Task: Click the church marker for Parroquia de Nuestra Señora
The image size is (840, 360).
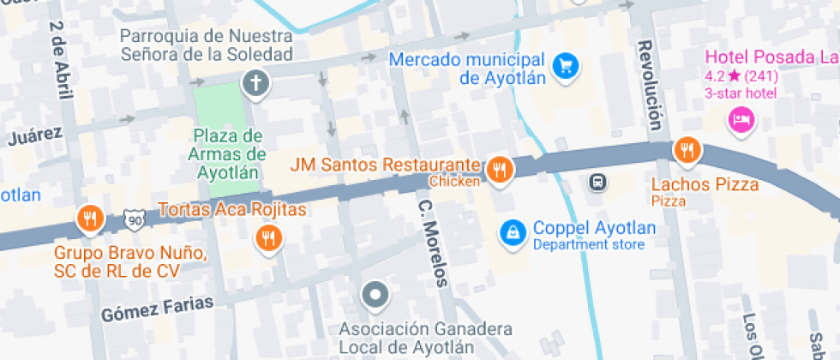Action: [x=255, y=83]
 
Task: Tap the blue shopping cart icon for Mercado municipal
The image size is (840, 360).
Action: [x=565, y=65]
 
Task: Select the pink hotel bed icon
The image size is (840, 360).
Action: [x=740, y=118]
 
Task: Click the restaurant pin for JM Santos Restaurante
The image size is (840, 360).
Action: [x=499, y=170]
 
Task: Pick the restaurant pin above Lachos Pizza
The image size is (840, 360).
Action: [x=686, y=151]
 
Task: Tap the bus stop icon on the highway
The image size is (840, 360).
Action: [x=597, y=182]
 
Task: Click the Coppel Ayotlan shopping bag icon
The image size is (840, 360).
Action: [x=513, y=231]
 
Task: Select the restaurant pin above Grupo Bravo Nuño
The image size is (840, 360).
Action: [x=89, y=219]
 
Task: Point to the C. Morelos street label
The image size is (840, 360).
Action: [x=432, y=243]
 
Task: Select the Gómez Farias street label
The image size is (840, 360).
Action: [x=143, y=312]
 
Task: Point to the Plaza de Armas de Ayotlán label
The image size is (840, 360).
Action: [x=226, y=153]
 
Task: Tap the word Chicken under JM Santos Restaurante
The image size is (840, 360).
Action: [x=454, y=181]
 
